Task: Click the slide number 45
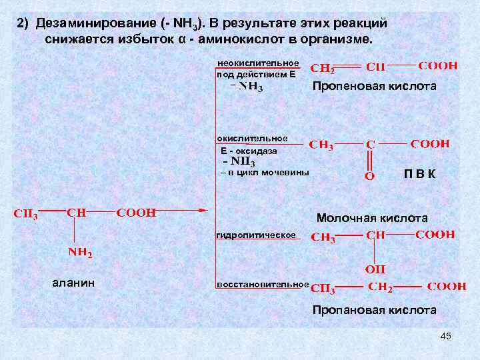pyautogui.click(x=446, y=336)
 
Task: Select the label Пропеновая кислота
pyautogui.click(x=375, y=87)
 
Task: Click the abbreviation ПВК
pyautogui.click(x=419, y=175)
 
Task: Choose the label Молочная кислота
pyautogui.click(x=372, y=218)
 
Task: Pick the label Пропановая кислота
pyautogui.click(x=375, y=310)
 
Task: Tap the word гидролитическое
pyautogui.click(x=256, y=236)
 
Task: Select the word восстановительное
pyautogui.click(x=263, y=285)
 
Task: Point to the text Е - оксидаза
pyautogui.click(x=249, y=151)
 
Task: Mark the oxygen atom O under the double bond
pyautogui.click(x=369, y=176)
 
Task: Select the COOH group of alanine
pyautogui.click(x=136, y=213)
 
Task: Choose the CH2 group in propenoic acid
pyautogui.click(x=323, y=68)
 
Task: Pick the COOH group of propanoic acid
pyautogui.click(x=446, y=286)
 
